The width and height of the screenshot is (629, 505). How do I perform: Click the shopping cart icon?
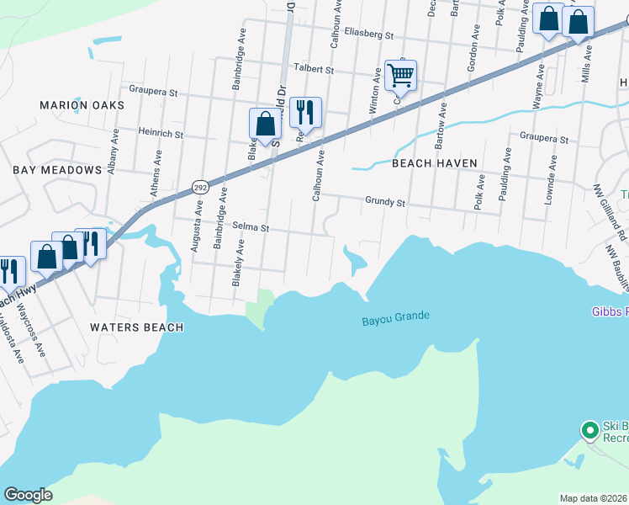click(x=400, y=76)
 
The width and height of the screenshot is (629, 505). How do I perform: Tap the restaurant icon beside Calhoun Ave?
click(x=305, y=112)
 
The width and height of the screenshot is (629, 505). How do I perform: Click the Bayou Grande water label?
click(x=395, y=317)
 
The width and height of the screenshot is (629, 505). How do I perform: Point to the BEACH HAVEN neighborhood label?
click(x=435, y=163)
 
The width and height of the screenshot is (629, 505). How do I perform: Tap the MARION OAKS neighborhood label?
click(x=82, y=105)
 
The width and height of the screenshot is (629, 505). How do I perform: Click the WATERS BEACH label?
click(x=136, y=327)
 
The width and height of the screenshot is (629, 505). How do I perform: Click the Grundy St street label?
click(x=385, y=203)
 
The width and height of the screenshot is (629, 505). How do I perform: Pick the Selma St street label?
click(x=250, y=228)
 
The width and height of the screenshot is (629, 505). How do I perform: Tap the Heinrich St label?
click(x=149, y=133)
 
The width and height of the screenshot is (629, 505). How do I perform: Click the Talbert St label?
click(x=313, y=69)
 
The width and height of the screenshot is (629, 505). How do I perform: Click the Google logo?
click(x=28, y=495)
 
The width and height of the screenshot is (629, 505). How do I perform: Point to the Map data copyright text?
click(x=593, y=498)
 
